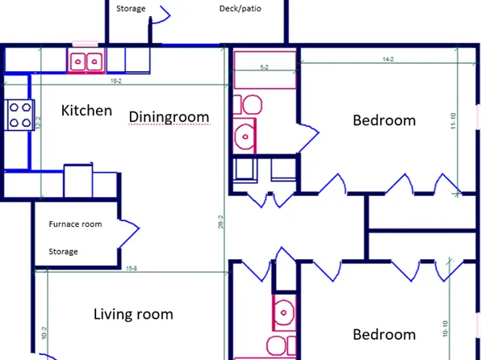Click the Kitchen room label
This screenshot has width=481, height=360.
click(86, 111)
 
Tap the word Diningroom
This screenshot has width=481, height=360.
click(169, 117)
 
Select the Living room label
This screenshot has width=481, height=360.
click(133, 314)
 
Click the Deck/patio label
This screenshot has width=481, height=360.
click(240, 10)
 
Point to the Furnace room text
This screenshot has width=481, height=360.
click(75, 224)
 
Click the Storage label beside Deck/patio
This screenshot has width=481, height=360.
click(131, 10)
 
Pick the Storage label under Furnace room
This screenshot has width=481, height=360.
click(63, 252)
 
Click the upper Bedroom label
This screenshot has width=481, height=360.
click(384, 120)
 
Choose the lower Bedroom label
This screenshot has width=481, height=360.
click(384, 334)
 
